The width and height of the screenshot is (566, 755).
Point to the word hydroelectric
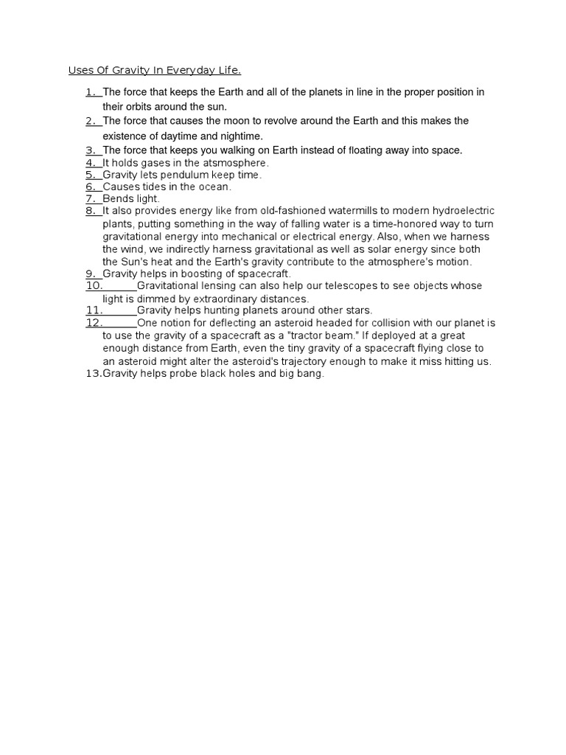point(464,212)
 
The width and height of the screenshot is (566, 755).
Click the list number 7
point(91,199)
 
